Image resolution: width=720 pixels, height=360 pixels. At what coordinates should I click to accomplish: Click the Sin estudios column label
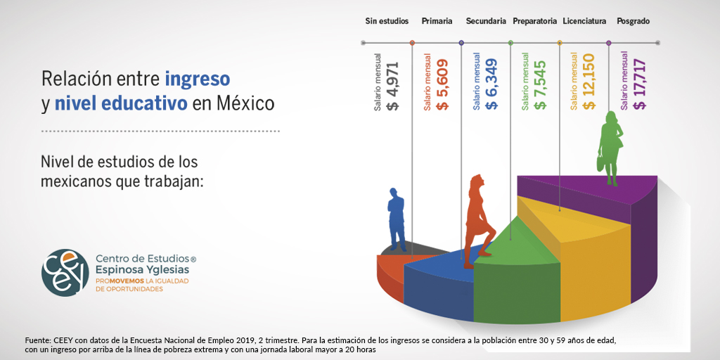point(387,21)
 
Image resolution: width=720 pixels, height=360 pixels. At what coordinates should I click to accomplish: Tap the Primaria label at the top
point(437,21)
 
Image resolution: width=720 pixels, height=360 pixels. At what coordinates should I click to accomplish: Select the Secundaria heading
point(486,21)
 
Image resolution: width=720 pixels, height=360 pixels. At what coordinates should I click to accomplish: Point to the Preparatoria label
point(535,21)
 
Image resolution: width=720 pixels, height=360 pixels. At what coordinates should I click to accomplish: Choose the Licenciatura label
point(584,21)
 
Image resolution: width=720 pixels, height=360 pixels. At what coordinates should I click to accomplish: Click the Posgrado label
point(634,21)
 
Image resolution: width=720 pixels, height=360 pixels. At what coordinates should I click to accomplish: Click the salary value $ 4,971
point(393,84)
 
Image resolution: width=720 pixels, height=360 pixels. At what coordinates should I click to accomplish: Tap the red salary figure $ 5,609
point(443,84)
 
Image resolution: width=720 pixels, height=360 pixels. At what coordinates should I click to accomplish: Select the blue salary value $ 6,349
point(491,84)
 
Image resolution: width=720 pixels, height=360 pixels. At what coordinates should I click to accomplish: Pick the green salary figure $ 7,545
point(541,84)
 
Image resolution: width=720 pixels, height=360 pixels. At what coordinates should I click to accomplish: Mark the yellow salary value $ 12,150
point(589,82)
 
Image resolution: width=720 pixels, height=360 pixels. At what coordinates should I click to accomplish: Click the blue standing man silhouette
point(397,219)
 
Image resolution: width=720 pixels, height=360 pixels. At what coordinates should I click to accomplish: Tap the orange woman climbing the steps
point(478,221)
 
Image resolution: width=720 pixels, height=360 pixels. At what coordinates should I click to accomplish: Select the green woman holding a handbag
point(611,148)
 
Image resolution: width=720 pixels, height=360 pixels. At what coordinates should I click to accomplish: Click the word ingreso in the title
point(198,79)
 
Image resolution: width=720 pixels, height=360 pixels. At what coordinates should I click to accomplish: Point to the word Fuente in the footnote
point(36,341)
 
